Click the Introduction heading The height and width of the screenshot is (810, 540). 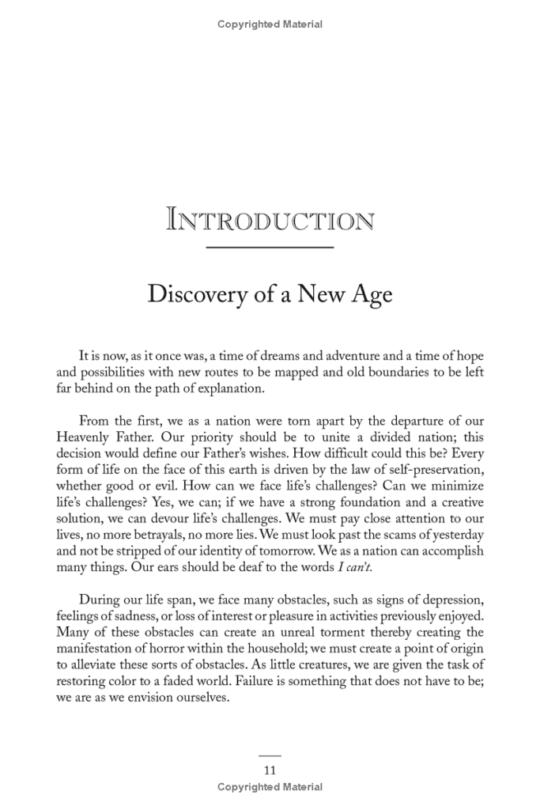[270, 219]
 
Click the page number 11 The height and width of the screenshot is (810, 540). [270, 770]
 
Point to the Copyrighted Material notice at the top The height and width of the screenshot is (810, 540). [270, 25]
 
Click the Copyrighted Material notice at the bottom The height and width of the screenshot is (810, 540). [270, 787]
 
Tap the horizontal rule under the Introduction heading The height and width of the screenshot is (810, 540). [270, 248]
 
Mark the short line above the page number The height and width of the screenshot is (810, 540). [270, 755]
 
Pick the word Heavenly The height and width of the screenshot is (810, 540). [84, 437]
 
